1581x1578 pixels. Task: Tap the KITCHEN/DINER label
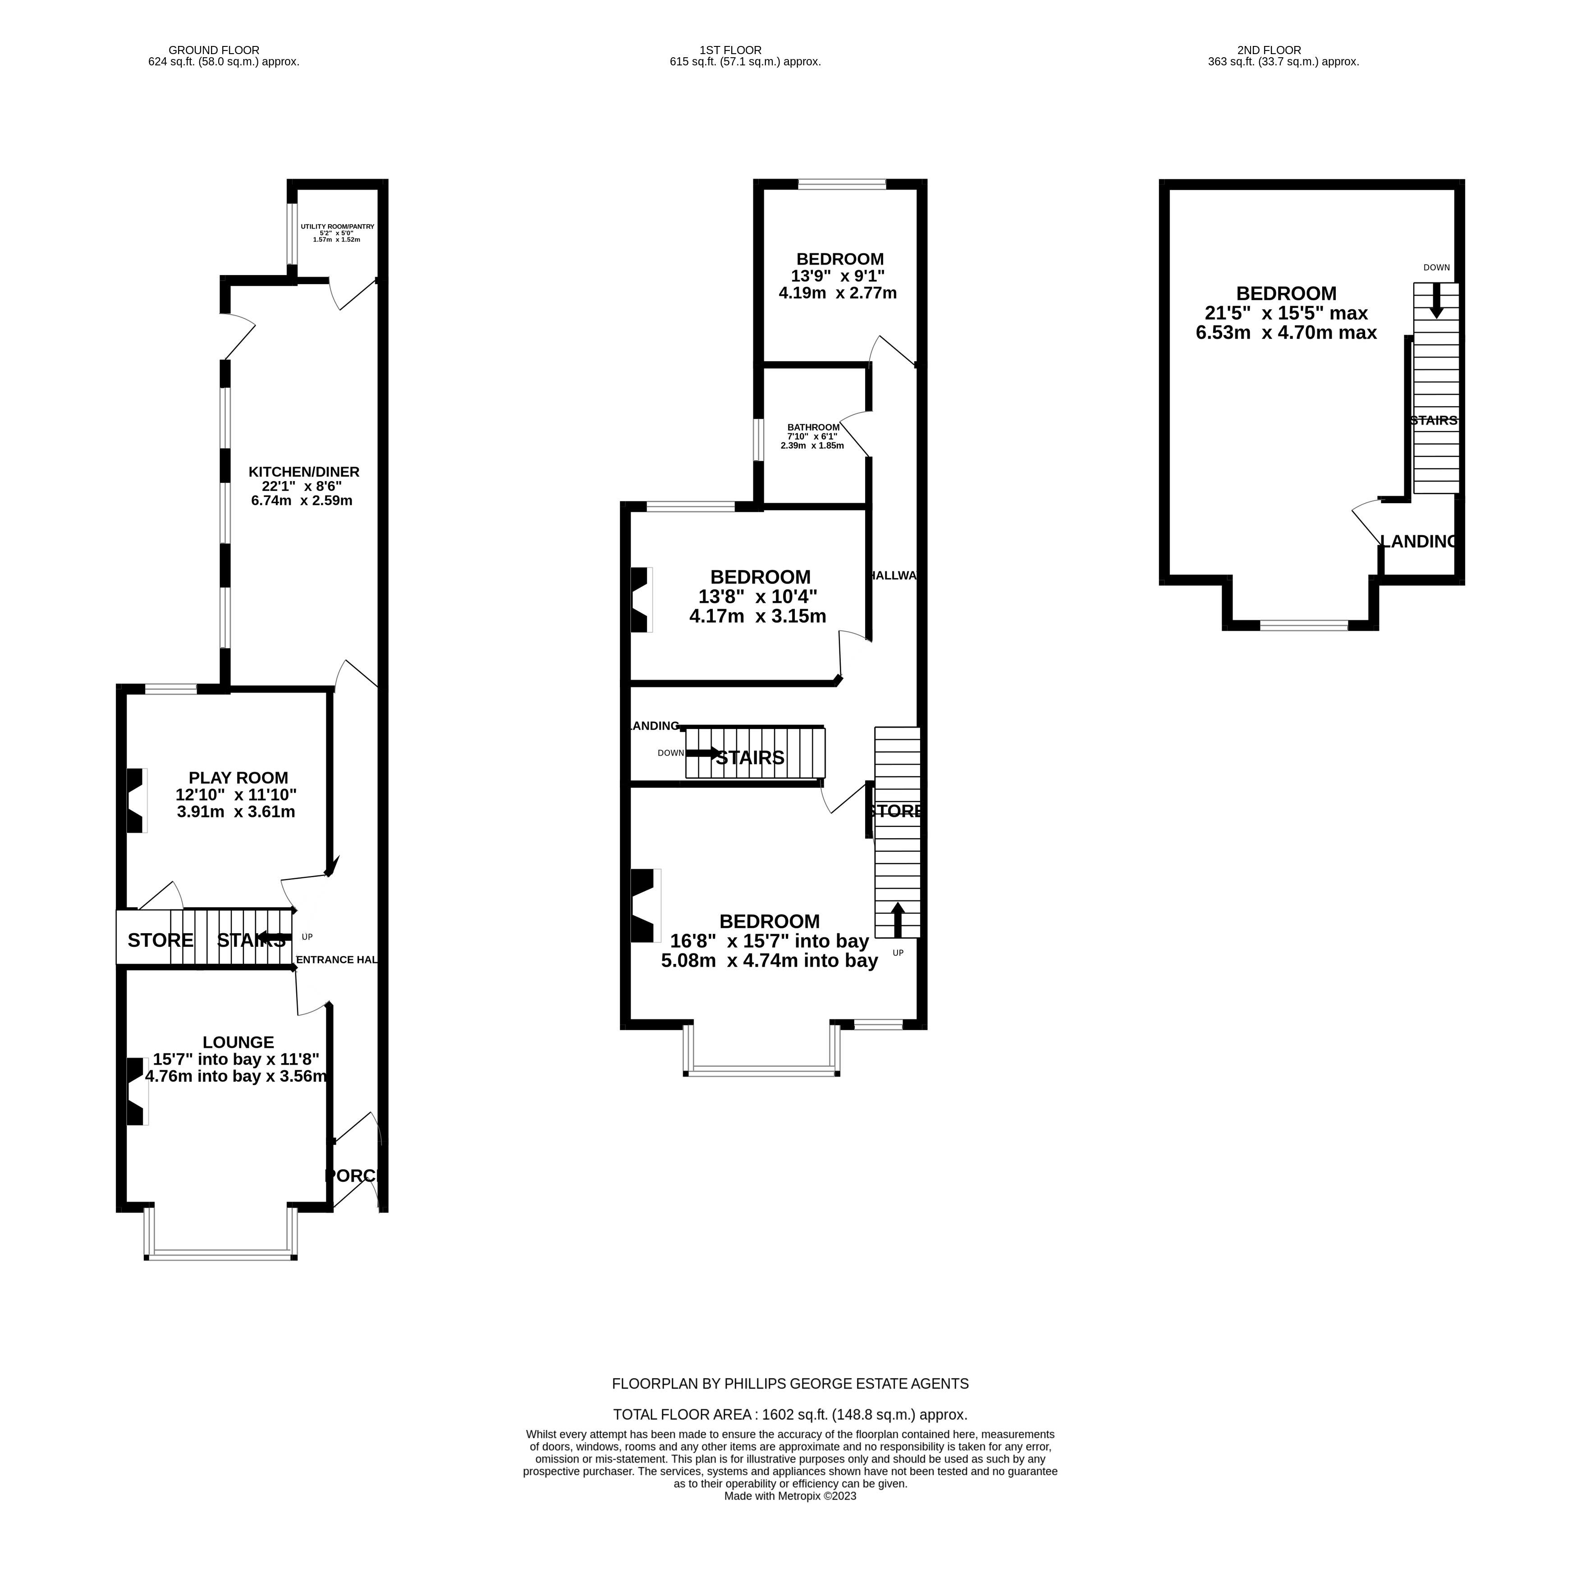303,472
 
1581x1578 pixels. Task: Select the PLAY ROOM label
238,778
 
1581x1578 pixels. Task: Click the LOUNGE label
238,1042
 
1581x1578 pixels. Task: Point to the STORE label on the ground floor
160,940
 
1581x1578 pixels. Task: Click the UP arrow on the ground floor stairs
275,937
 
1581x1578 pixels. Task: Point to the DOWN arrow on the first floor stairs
702,752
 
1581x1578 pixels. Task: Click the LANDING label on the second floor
1418,541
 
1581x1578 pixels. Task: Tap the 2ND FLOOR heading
1269,50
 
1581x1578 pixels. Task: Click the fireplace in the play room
135,800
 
